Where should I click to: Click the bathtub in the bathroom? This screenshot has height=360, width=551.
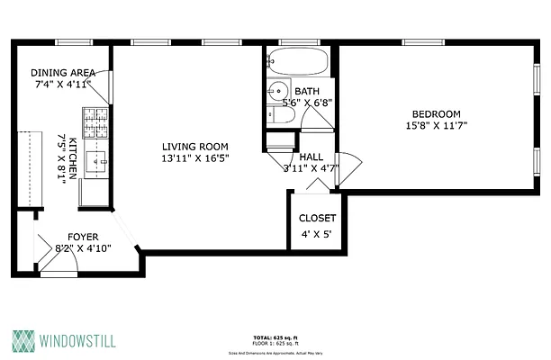(297, 64)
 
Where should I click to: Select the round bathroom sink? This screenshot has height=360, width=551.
(279, 90)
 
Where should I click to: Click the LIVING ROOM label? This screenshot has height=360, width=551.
(194, 147)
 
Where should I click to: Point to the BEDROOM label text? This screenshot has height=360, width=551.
(437, 113)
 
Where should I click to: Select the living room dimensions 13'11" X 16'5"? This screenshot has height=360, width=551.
(194, 159)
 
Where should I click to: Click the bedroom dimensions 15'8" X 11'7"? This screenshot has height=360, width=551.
(437, 126)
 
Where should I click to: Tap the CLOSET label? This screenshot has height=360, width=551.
(317, 219)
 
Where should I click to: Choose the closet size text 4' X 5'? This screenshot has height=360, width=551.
(317, 236)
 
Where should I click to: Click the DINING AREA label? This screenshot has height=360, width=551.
(63, 74)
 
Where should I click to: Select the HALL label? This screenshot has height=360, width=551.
(312, 157)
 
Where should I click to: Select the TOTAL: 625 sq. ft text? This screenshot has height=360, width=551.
(275, 337)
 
